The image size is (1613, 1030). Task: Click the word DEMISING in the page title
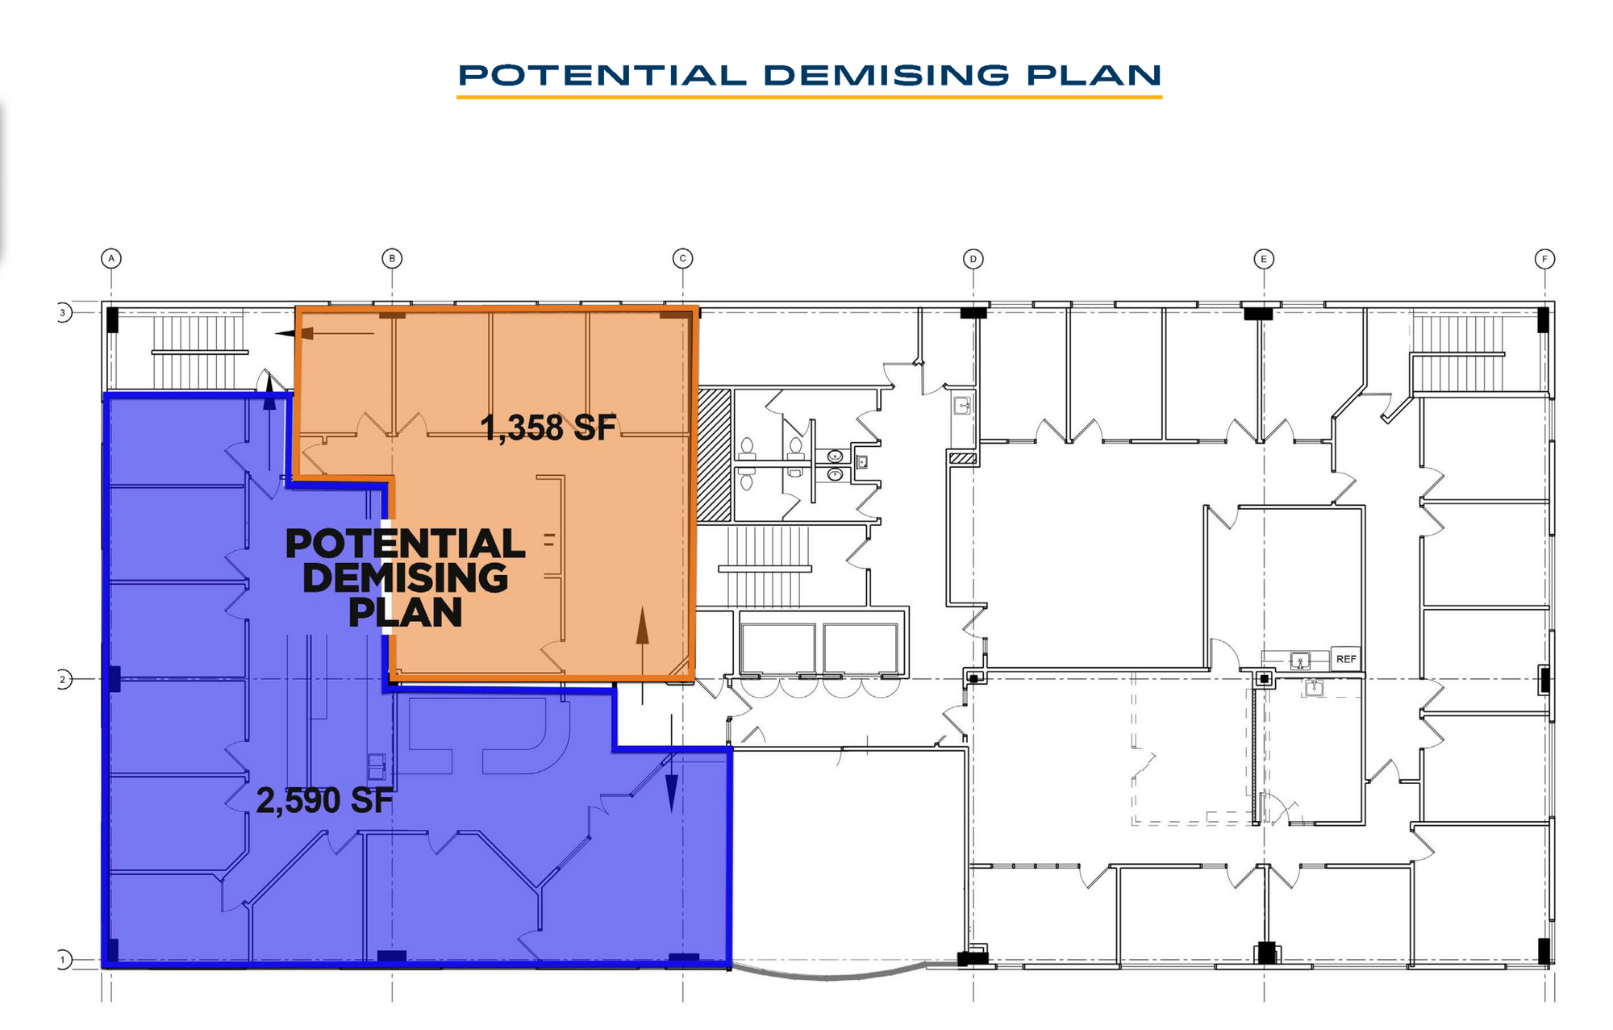[886, 75]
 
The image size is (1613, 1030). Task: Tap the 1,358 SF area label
[548, 427]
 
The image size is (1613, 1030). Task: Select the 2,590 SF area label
[324, 801]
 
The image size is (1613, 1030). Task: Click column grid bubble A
[111, 258]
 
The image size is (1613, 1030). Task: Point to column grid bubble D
[973, 259]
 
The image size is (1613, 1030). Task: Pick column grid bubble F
[1544, 259]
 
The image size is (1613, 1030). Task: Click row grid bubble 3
[63, 313]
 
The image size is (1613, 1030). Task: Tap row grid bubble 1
[63, 960]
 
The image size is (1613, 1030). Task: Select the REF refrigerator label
[1346, 659]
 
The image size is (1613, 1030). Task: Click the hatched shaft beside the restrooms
[714, 455]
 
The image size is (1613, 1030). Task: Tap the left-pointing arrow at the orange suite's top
[324, 333]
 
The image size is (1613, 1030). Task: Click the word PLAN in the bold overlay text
[406, 612]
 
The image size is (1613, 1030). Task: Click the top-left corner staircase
[198, 352]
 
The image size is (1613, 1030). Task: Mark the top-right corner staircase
[1458, 353]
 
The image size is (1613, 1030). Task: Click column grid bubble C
[682, 259]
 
